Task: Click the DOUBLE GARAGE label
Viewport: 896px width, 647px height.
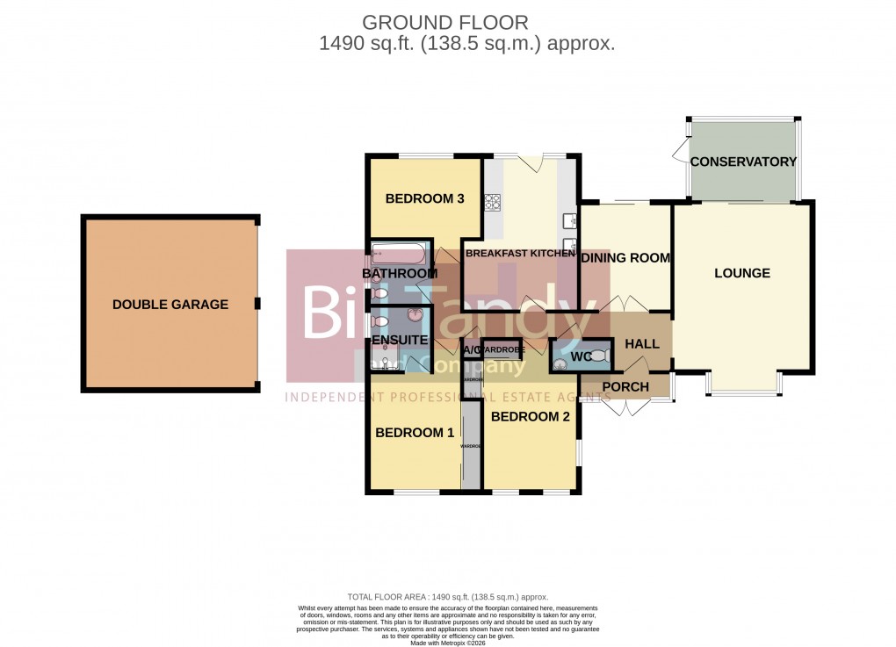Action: (x=170, y=305)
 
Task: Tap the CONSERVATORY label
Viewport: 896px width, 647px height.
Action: (x=742, y=162)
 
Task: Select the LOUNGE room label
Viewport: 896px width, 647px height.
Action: (x=741, y=273)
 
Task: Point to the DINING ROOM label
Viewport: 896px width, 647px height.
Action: (x=625, y=258)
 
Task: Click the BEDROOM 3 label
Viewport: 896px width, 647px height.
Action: (x=424, y=198)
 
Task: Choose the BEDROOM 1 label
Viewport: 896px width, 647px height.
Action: (x=415, y=433)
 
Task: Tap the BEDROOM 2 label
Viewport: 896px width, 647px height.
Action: (x=530, y=417)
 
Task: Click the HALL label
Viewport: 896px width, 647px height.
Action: (x=641, y=344)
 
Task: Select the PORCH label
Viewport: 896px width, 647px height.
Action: (x=627, y=387)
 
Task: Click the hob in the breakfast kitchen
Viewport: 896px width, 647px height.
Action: (x=491, y=203)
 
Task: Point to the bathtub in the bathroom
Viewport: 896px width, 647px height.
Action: (x=400, y=255)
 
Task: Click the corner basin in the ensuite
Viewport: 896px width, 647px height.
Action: (x=416, y=315)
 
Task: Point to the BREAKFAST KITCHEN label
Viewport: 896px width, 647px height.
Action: (x=519, y=253)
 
